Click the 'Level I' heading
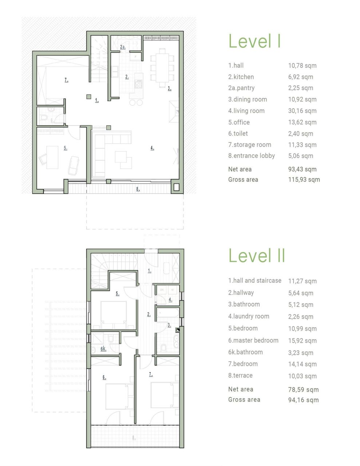click(x=254, y=41)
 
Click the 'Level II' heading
click(x=257, y=256)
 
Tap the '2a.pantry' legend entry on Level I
click(x=241, y=88)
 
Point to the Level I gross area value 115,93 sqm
click(x=304, y=179)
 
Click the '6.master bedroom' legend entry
click(x=253, y=340)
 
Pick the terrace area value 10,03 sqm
click(x=302, y=376)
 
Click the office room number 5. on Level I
click(x=66, y=148)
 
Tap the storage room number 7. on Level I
click(x=66, y=80)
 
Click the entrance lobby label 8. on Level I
click(x=138, y=189)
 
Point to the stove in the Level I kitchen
click(x=139, y=85)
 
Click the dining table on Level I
click(x=162, y=67)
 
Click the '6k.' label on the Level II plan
click(x=103, y=349)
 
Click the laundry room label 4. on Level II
click(x=170, y=300)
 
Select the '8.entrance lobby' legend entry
click(x=251, y=156)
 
